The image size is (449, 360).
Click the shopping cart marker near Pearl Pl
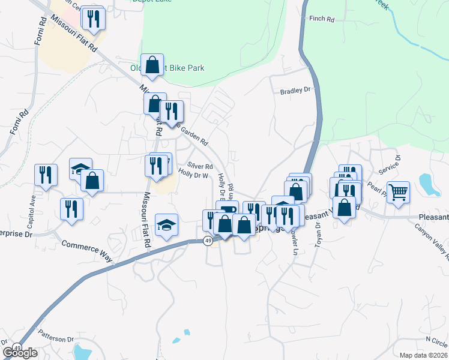click(398, 193)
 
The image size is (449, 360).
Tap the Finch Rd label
click(321, 19)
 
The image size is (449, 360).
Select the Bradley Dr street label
click(297, 91)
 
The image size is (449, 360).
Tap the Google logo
click(20, 353)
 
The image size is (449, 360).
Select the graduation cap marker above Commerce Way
click(167, 224)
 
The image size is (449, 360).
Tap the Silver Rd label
click(200, 166)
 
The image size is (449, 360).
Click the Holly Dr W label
click(193, 176)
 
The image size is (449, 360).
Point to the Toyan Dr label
click(318, 236)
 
